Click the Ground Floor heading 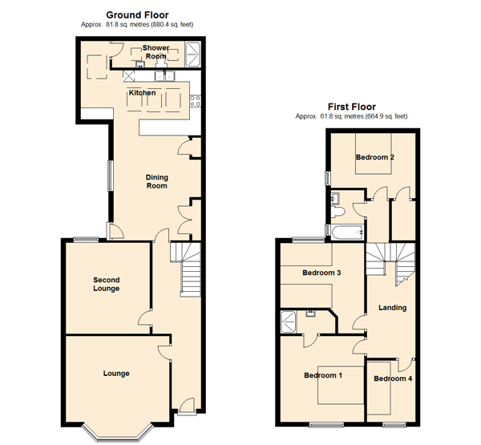coord(137,14)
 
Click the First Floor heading coord(352,107)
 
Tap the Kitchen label coord(142,93)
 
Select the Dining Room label coord(157,181)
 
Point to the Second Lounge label coord(107,284)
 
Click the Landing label coord(392,308)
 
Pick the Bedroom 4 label coord(393,378)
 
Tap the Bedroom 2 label coord(375,157)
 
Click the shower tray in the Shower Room coord(193,55)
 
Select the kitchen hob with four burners coord(195,101)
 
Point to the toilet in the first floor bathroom coord(338,212)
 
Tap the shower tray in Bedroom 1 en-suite coord(289,322)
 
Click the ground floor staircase coord(186,269)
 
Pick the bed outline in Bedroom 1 coord(341,385)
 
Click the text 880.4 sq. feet coord(172,25)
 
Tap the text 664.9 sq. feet coord(386,116)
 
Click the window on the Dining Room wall coord(110,176)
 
